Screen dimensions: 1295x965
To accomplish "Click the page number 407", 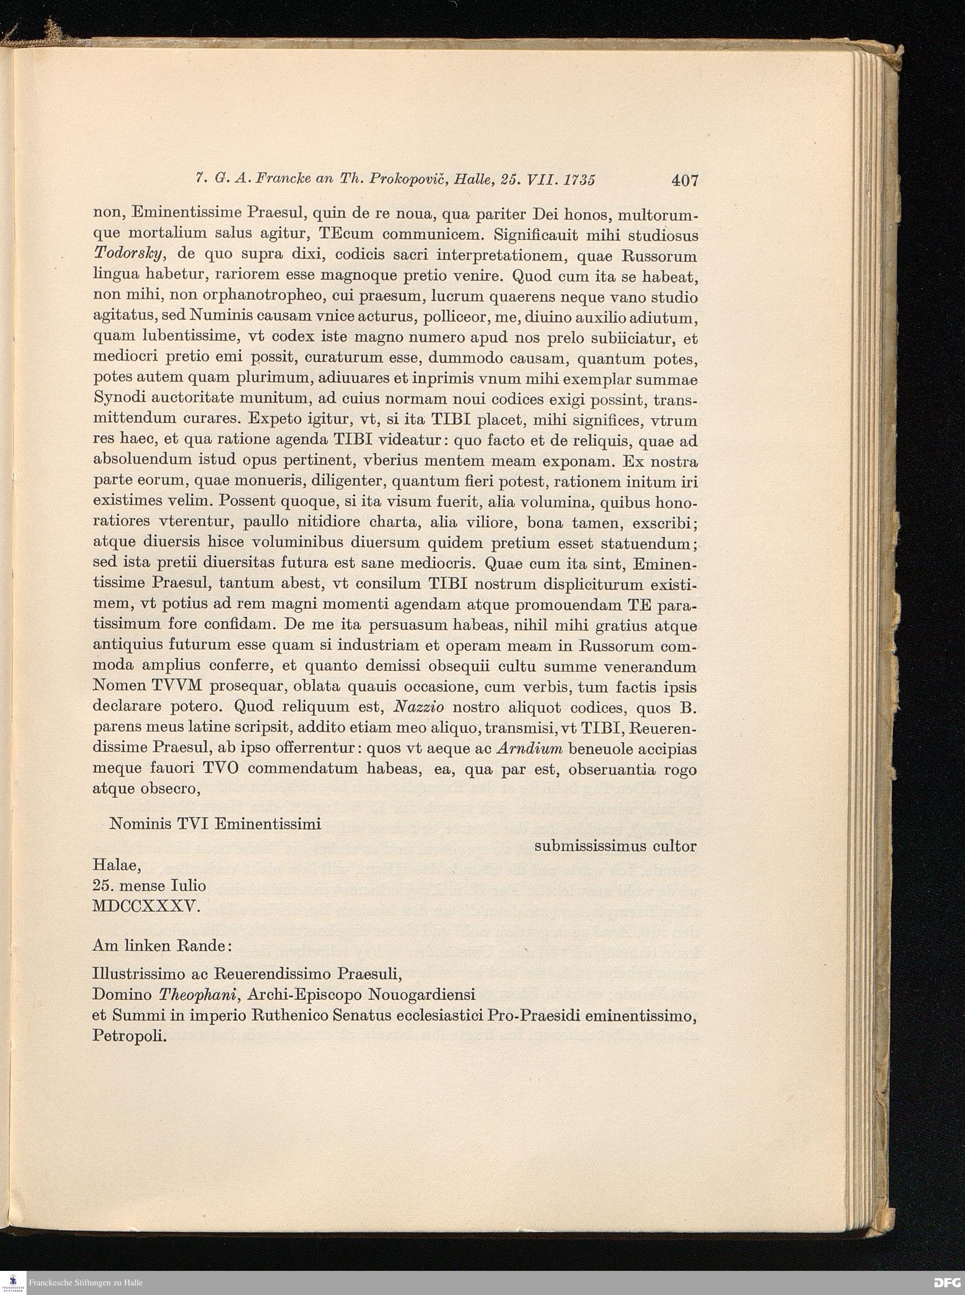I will [685, 180].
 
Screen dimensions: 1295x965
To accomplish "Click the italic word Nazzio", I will [419, 707].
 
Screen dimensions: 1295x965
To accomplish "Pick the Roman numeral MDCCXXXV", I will [147, 907].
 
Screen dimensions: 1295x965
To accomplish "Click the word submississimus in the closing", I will [590, 845].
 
